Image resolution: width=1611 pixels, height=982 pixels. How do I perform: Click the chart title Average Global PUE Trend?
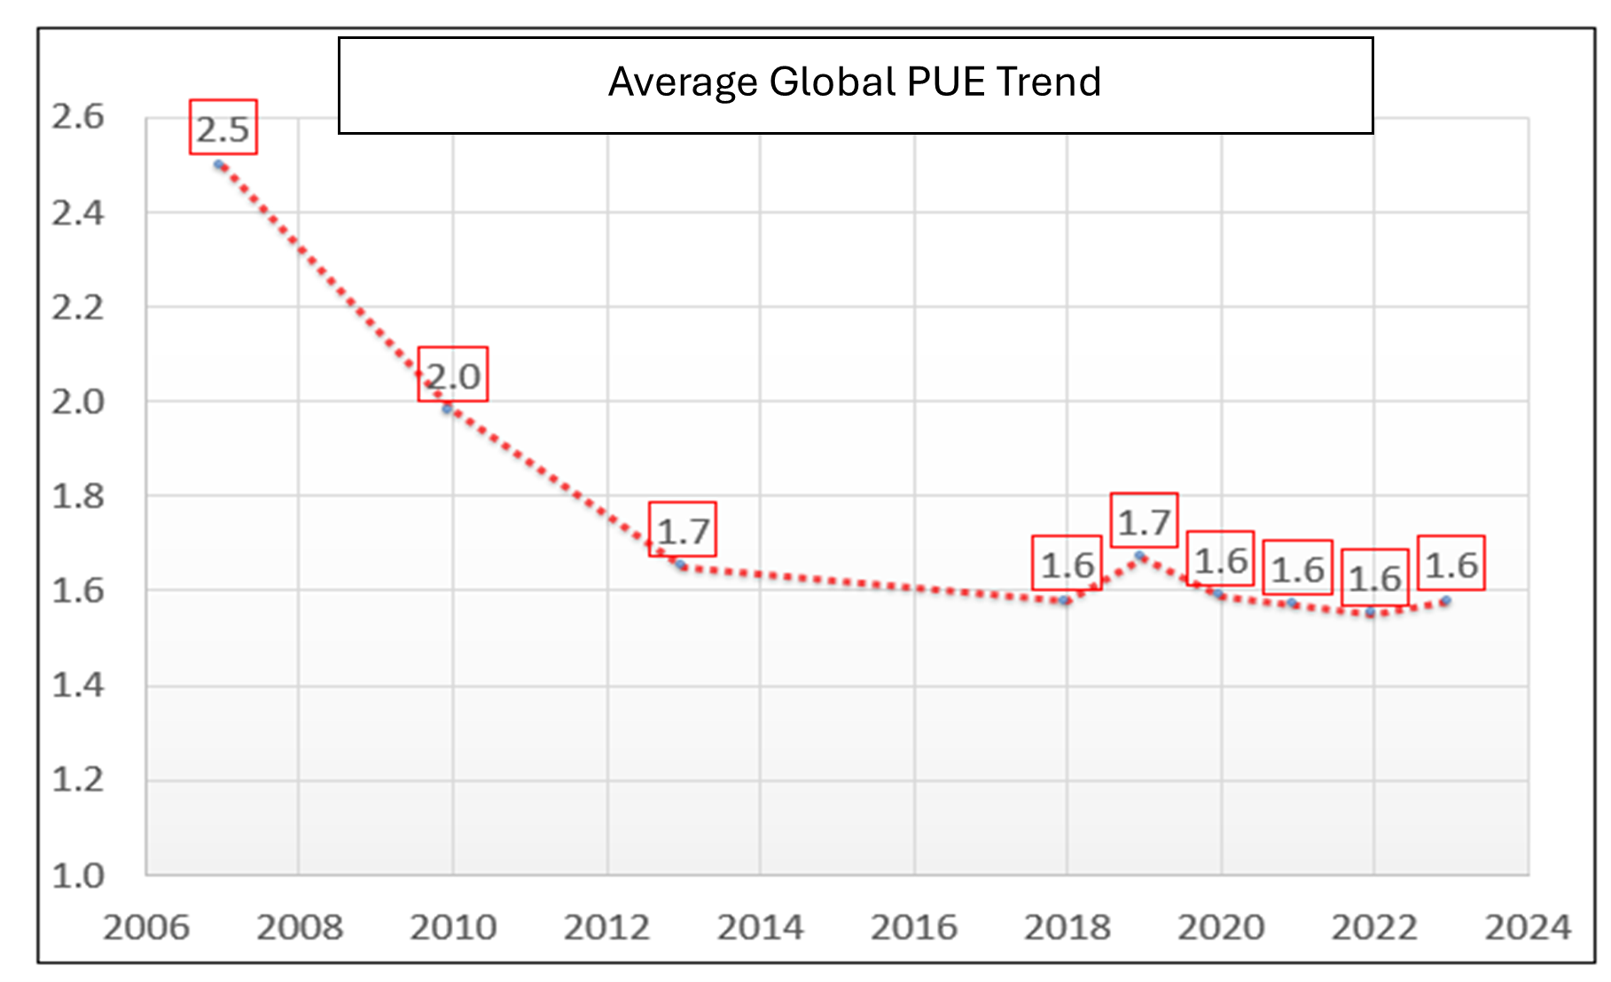[x=855, y=82]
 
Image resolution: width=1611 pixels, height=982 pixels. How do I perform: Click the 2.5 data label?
[x=223, y=129]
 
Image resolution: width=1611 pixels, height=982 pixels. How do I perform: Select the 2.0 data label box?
[x=453, y=376]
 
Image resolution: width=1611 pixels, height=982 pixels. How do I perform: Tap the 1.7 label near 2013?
[x=683, y=531]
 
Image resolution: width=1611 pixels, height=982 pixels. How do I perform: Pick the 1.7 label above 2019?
[x=1144, y=521]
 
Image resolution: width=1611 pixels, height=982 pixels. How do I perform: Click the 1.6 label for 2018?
[x=1067, y=565]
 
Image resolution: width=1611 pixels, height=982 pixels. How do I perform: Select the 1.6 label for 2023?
[x=1451, y=565]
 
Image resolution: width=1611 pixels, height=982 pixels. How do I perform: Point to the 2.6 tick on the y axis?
[x=78, y=116]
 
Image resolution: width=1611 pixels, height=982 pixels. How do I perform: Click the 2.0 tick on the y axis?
[x=78, y=401]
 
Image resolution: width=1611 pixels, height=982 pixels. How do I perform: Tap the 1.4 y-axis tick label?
[x=78, y=684]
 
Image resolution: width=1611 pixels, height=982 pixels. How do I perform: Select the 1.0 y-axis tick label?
[x=78, y=875]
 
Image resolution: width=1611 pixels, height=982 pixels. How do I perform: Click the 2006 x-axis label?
[x=146, y=927]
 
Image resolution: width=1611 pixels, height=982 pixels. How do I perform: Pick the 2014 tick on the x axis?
[x=760, y=927]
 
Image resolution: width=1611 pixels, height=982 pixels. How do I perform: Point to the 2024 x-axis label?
[x=1528, y=927]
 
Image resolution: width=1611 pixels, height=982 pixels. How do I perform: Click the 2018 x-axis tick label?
[x=1067, y=927]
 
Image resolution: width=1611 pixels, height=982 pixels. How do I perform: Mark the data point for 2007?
[x=219, y=164]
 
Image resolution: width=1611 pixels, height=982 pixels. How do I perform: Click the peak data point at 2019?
[x=1140, y=556]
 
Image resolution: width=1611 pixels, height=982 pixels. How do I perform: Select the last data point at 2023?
[x=1446, y=600]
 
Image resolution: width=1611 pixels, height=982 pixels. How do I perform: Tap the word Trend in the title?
[x=1048, y=82]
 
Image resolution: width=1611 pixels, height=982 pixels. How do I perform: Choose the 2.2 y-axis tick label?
[x=78, y=308]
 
